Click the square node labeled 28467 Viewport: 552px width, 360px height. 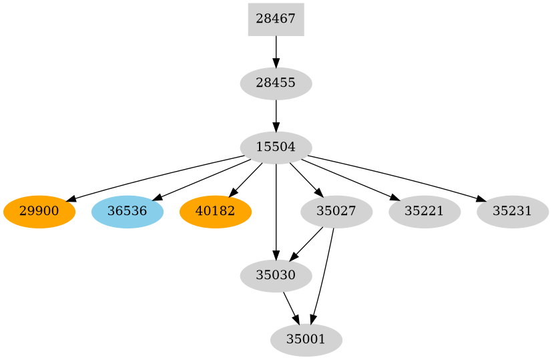point(276,19)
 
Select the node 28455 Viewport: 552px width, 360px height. point(276,83)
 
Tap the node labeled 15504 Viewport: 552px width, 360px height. point(276,148)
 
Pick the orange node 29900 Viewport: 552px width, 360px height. point(39,212)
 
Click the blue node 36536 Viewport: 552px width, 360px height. point(127,212)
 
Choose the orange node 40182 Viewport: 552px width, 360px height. point(215,212)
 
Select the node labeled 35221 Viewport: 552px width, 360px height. point(425,212)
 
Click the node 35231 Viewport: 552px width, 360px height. point(513,212)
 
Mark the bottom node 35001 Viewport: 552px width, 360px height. point(306,340)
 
